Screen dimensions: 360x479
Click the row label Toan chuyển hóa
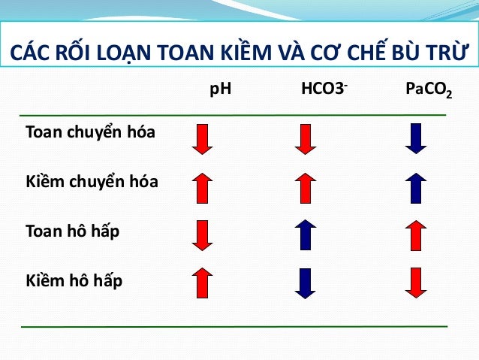90,133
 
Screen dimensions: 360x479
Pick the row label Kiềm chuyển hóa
92,183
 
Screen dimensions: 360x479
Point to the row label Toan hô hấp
72,231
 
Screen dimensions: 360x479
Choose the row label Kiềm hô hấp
74,281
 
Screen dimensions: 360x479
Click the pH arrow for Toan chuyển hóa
203,139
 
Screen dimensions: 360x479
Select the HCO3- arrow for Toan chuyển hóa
305,139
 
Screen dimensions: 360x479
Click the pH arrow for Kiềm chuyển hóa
203,188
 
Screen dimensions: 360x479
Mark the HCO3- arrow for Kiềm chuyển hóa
305,188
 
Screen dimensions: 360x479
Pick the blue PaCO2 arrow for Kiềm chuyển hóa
415,188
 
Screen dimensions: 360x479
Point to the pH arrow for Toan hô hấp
203,235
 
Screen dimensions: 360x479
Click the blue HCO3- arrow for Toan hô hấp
305,235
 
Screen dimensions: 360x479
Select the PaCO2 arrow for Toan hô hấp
415,235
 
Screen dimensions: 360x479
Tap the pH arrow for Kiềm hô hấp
203,283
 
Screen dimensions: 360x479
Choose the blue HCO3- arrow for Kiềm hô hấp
305,283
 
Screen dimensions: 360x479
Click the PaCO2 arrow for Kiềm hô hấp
415,283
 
